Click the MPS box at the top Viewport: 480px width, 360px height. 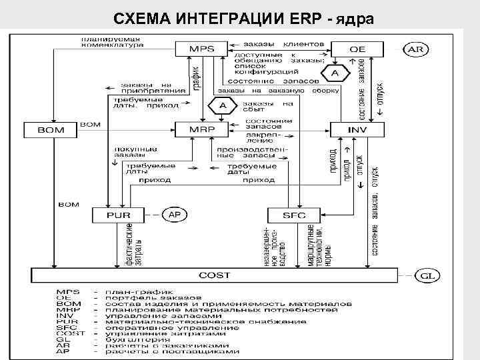tap(198, 49)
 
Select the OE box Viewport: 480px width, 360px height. tap(357, 49)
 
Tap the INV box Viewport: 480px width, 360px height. tap(357, 128)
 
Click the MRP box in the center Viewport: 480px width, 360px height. tap(198, 128)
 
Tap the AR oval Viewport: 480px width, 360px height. tap(415, 49)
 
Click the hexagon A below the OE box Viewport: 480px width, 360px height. tap(335, 72)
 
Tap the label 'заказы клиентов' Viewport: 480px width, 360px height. tap(280, 44)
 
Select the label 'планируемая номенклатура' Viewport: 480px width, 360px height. tap(112, 43)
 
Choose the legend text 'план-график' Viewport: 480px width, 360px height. tap(136, 291)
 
